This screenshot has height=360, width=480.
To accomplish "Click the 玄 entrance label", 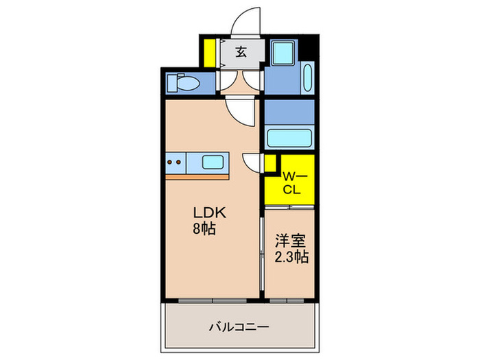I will coord(241,51).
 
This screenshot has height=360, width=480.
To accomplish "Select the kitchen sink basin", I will coord(213,163).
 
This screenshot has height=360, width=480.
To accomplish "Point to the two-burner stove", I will coord(175,163).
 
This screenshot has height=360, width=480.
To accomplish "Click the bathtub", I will coord(289,137).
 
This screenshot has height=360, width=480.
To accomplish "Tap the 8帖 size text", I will coord(204,229).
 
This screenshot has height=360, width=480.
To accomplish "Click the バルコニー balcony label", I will coord(238,326).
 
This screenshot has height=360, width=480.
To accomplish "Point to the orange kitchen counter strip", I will coord(197,176).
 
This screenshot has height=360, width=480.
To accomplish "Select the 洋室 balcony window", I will coord(287,300).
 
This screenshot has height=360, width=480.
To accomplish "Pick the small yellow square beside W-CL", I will coord(269,163).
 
